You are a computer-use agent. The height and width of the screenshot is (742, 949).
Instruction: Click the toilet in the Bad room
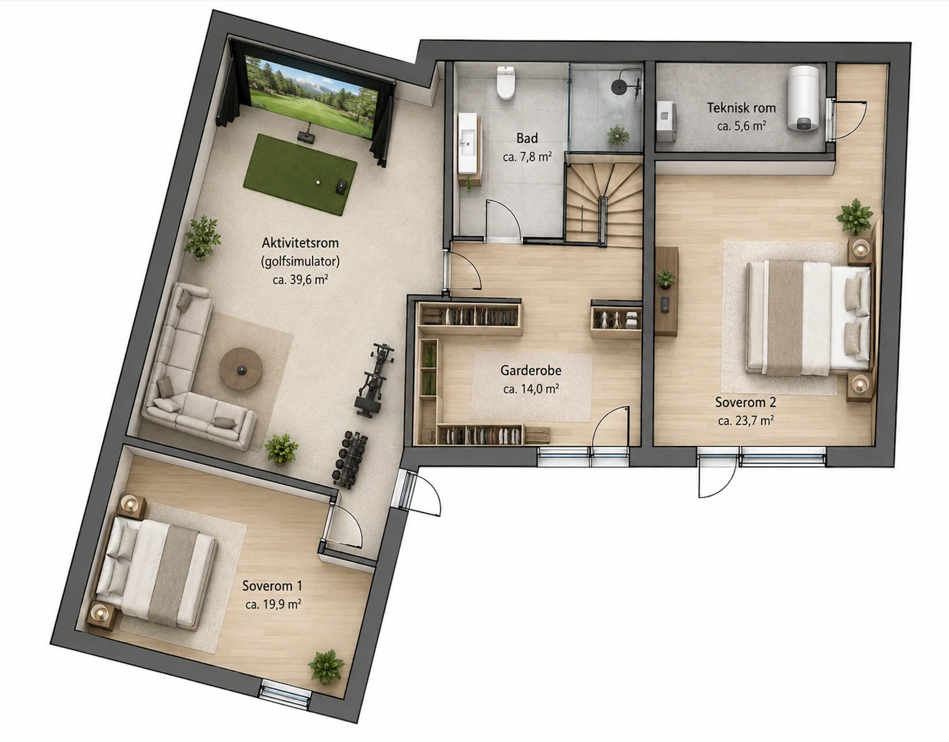506,82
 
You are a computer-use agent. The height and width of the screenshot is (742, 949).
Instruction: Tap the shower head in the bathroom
619,86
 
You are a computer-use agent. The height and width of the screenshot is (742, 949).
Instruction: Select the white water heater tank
803,98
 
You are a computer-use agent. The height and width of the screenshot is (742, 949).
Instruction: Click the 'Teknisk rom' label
741,108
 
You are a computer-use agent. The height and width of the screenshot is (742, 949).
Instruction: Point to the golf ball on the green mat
318,183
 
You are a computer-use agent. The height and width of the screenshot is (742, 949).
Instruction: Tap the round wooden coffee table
241,368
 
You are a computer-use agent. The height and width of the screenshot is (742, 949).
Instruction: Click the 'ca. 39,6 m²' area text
301,279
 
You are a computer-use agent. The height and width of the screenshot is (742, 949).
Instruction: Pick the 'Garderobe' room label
531,370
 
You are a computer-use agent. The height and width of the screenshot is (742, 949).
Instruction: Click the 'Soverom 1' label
272,585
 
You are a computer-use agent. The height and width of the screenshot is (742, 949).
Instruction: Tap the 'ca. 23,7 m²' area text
746,421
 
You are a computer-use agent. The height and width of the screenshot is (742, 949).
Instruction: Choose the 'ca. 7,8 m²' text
527,157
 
